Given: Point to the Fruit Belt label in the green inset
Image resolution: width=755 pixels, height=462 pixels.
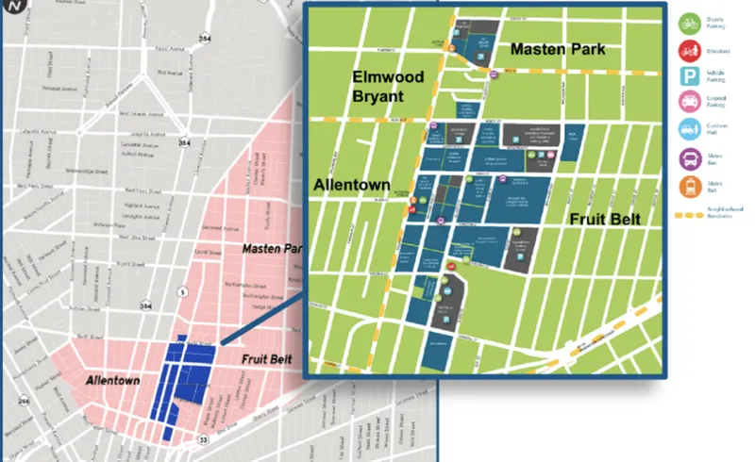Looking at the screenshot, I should pos(604,219).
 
